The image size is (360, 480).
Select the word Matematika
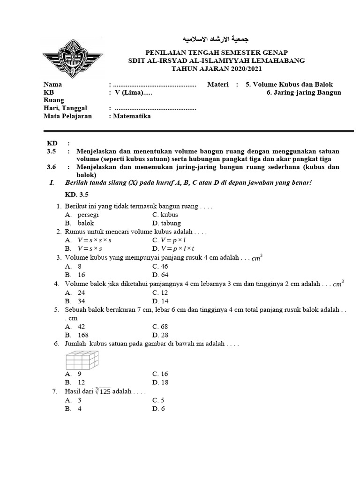click(132, 116)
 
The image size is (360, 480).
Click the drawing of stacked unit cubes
click(81, 360)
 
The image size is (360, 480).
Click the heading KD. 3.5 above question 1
click(76, 195)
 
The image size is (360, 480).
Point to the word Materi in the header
click(217, 84)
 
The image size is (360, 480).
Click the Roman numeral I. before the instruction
click(52, 182)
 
